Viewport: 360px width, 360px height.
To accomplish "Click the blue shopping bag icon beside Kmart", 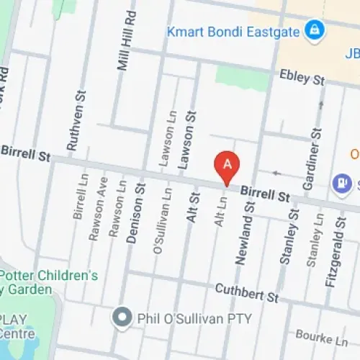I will [314, 30].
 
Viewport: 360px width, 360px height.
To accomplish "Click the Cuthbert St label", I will [247, 292].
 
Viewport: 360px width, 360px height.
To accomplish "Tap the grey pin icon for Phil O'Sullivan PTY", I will [122, 316].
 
